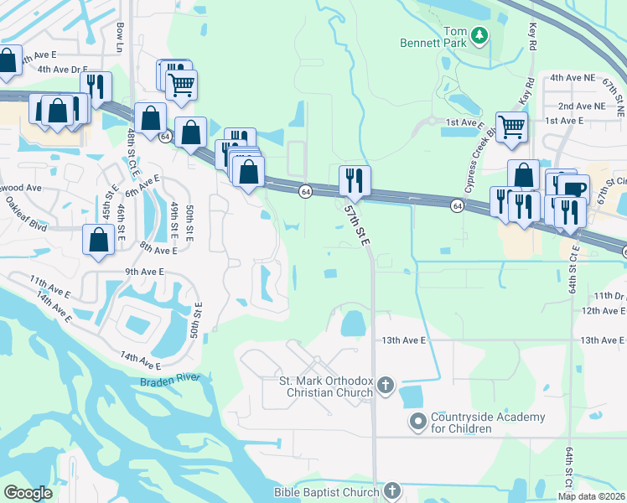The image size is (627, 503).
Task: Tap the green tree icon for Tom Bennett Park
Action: coord(479,35)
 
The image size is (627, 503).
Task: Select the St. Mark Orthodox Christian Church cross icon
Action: coord(385,386)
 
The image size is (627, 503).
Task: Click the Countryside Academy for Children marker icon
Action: coord(417,423)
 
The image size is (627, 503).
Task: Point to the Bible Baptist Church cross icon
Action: coord(391,492)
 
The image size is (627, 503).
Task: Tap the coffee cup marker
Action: coord(574,190)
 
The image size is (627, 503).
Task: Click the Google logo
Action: coord(28,493)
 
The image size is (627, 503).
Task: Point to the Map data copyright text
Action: coord(592,496)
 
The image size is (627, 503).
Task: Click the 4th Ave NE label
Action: coord(573,78)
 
